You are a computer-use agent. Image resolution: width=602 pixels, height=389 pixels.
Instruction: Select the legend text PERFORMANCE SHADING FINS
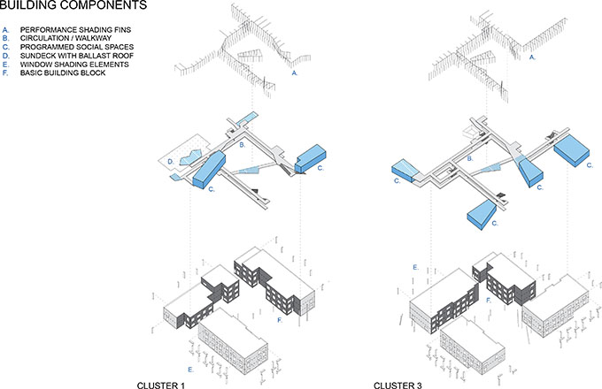click(75, 29)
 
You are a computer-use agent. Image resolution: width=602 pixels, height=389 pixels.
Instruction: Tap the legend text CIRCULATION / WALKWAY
click(66, 38)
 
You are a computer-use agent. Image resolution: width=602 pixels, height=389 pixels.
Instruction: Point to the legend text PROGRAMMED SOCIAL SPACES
click(77, 47)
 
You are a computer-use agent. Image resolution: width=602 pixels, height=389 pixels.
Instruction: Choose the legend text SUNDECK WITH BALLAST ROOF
click(77, 56)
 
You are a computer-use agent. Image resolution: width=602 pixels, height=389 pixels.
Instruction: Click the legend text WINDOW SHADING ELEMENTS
click(74, 65)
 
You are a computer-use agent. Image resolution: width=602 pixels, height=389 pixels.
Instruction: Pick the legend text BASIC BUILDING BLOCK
click(63, 72)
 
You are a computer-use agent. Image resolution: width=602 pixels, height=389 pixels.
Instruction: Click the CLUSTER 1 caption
click(161, 385)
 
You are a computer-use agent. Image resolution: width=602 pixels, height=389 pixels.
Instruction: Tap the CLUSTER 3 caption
click(397, 385)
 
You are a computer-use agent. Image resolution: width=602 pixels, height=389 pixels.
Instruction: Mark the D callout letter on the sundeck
click(171, 162)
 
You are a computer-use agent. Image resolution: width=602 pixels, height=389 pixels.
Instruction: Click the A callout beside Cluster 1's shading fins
click(295, 72)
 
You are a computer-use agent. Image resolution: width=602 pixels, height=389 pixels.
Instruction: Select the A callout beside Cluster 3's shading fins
click(532, 57)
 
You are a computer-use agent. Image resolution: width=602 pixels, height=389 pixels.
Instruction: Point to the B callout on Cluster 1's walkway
click(243, 145)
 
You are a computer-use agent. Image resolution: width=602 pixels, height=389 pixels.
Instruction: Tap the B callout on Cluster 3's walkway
click(470, 158)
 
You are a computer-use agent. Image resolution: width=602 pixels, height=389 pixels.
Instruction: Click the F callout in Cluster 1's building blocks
click(280, 320)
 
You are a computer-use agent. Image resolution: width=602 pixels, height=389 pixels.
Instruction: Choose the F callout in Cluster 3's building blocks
click(489, 301)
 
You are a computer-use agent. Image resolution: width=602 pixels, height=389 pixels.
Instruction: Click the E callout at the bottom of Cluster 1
click(190, 370)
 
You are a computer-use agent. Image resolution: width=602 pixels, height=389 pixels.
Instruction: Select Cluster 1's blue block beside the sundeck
click(208, 169)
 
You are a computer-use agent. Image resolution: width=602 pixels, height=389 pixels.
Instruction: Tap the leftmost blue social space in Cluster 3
click(406, 171)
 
